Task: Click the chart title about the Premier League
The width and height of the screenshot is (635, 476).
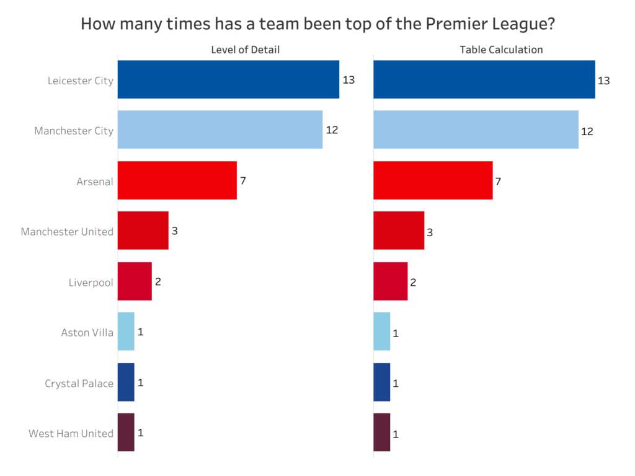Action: click(x=317, y=24)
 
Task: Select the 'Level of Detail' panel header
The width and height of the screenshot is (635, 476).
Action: click(x=245, y=50)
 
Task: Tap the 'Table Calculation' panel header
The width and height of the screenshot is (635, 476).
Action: click(x=501, y=50)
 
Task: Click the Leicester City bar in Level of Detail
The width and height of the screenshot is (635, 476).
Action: click(x=228, y=79)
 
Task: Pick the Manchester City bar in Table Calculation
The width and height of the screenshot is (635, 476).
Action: click(x=476, y=130)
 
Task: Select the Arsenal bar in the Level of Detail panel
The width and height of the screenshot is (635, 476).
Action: click(x=177, y=180)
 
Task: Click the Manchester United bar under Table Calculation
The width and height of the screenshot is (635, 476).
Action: click(x=399, y=231)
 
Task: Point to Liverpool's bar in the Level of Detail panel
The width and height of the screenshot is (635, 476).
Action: click(x=135, y=281)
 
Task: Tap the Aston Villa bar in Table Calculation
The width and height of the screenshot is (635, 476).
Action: click(x=382, y=332)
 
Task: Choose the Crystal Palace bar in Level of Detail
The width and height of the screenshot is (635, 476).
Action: click(x=126, y=382)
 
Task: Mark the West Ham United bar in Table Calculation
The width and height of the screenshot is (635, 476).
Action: click(x=382, y=432)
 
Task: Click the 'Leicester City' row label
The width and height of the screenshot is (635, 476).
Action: click(x=81, y=81)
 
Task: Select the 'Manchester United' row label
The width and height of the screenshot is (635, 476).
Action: click(x=67, y=232)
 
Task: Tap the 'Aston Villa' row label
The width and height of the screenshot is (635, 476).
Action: click(x=87, y=332)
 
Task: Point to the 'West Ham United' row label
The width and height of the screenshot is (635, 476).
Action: click(x=71, y=433)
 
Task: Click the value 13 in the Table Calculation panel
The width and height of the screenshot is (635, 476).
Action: click(x=603, y=81)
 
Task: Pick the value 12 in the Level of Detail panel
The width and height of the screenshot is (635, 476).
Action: click(x=332, y=130)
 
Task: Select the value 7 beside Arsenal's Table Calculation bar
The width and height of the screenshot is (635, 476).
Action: click(x=498, y=182)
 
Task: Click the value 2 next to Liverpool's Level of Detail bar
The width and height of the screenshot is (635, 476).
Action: click(x=158, y=281)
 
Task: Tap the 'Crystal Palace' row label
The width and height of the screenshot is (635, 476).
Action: click(x=79, y=383)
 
